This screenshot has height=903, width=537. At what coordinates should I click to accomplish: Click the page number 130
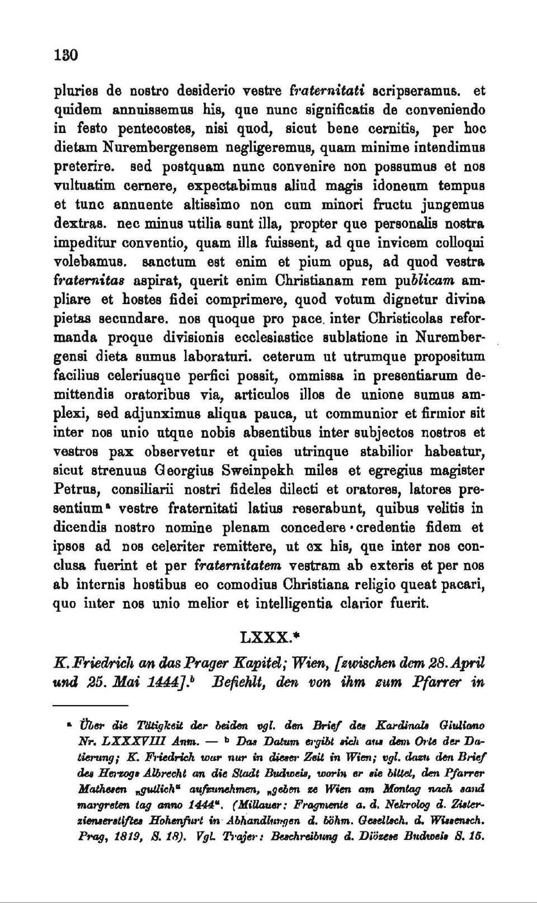pyautogui.click(x=65, y=55)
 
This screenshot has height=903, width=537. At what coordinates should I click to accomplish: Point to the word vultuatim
pyautogui.click(x=81, y=186)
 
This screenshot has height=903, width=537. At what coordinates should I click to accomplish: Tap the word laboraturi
pyautogui.click(x=213, y=357)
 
